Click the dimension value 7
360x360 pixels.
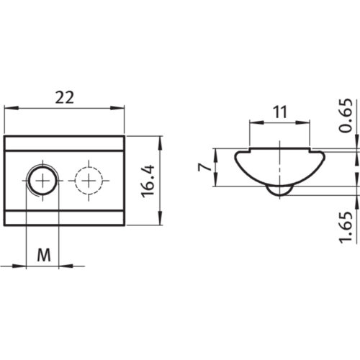point(206,168)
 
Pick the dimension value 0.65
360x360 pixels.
point(346,115)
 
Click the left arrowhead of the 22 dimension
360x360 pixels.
point(9,109)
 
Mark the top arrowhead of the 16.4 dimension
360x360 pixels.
point(160,139)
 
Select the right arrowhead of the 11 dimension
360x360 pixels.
point(307,122)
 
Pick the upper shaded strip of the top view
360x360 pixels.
point(65,143)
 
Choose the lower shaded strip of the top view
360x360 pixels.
point(65,216)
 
